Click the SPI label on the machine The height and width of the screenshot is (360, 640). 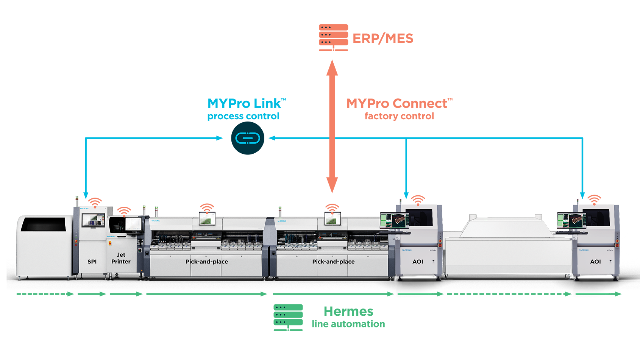92,262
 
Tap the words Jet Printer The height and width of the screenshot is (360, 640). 121,258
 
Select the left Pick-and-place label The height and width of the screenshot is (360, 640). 207,262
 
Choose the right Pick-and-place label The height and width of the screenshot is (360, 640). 333,262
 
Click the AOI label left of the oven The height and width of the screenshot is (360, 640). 418,262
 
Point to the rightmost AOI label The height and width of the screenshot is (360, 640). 595,262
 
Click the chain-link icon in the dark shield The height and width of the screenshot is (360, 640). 248,138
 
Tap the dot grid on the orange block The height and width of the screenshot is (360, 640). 326,35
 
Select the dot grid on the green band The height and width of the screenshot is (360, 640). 281,315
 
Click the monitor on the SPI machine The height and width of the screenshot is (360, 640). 93,220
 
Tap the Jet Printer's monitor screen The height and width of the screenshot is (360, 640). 133,224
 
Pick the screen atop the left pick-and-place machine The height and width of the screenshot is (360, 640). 207,219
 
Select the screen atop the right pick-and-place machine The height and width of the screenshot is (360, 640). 332,219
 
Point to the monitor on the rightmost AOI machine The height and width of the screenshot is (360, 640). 571,221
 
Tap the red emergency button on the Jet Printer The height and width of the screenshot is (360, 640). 110,243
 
